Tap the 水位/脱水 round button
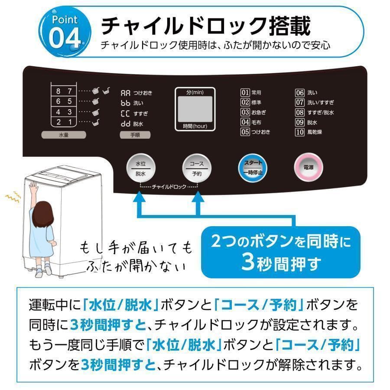(140, 169)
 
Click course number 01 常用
(251, 92)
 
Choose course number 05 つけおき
(255, 132)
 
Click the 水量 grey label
(64, 135)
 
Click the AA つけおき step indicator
(136, 93)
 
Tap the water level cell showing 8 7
(64, 91)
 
